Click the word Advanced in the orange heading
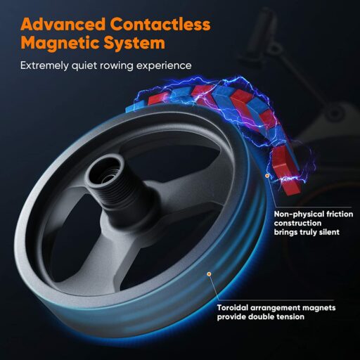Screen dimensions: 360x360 63,24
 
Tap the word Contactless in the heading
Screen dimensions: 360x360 160,24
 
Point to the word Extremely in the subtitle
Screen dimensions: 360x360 45,65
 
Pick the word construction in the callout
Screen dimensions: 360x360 297,223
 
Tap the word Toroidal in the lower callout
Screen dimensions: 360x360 233,307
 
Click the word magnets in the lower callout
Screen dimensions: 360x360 319,308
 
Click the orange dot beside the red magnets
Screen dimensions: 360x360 267,175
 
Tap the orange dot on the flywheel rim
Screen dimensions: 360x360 209,274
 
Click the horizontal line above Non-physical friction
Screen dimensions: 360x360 313,207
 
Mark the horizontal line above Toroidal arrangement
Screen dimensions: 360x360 276,300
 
